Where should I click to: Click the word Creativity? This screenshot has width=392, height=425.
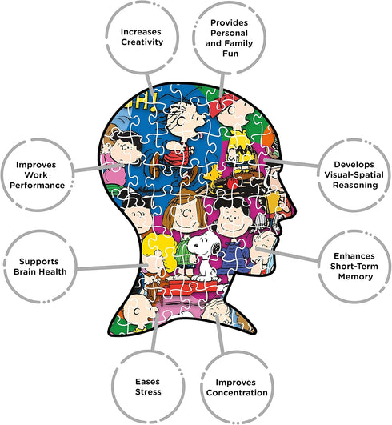(142, 42)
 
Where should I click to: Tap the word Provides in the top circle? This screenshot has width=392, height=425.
(229, 22)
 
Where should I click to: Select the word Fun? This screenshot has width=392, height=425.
(230, 54)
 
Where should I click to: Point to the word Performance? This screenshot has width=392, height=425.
(38, 186)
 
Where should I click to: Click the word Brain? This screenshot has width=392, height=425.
(27, 271)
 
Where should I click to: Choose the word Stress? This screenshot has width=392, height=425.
(148, 391)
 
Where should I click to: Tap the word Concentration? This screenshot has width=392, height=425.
(237, 392)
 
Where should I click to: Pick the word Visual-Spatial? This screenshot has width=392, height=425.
(354, 174)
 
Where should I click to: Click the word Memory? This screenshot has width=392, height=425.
(355, 276)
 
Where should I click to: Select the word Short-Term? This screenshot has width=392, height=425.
(354, 267)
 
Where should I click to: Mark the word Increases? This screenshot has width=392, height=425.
(141, 32)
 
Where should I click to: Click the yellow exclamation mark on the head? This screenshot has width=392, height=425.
(154, 102)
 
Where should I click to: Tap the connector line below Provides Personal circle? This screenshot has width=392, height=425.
(222, 84)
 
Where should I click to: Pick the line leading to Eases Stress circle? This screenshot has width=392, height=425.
(154, 331)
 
